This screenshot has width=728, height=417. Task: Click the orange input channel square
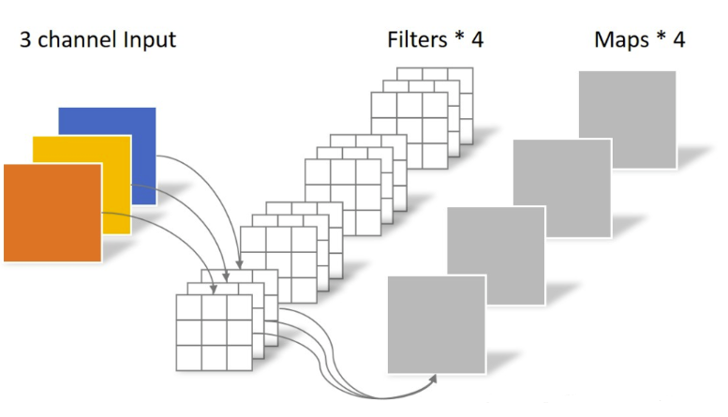pos(52,213)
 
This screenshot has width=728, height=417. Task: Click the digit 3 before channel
pos(25,40)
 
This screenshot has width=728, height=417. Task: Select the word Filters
pos(417,39)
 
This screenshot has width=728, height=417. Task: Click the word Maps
pos(622,40)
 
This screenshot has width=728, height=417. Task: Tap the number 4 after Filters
pos(477,40)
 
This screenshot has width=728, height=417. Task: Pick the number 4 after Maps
pos(678,40)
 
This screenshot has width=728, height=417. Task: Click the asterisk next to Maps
pos(661,37)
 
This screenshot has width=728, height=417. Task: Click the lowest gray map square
pos(437,324)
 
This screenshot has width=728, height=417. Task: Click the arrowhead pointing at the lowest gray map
pos(433,379)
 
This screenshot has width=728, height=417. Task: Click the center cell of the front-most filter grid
pos(215,333)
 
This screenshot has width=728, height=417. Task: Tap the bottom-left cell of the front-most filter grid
pos(189,358)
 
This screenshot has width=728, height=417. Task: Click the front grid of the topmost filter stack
pos(409,130)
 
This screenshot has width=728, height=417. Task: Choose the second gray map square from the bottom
pos(496,256)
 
